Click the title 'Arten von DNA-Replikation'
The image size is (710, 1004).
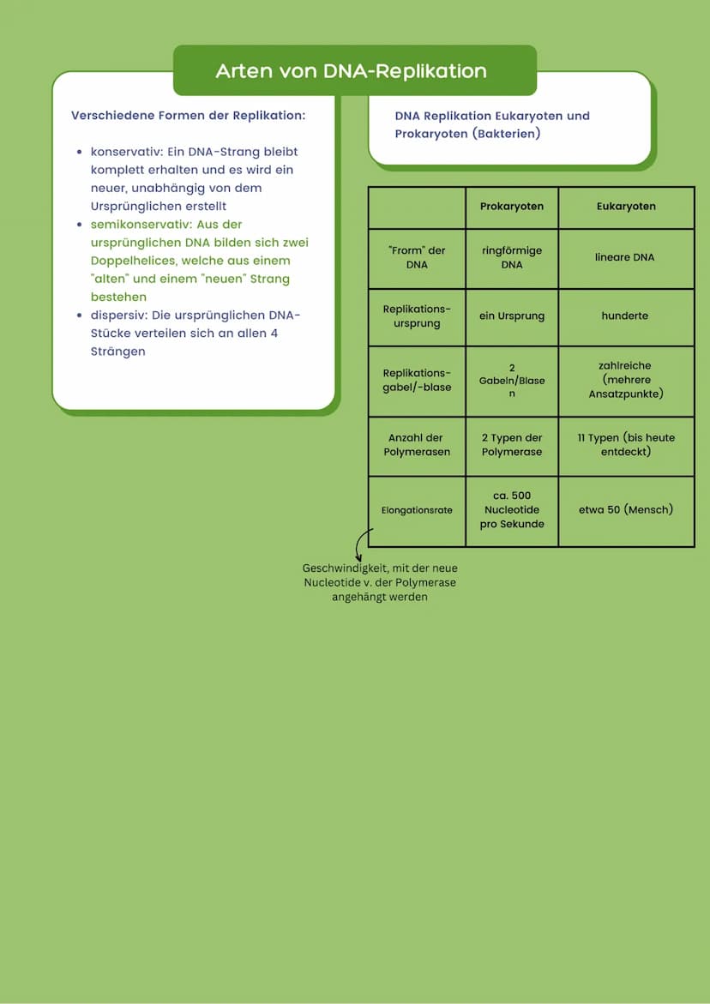click(351, 71)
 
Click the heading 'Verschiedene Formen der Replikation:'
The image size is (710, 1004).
click(188, 115)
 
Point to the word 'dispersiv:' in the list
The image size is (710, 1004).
click(118, 315)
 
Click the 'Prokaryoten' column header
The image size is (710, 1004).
click(512, 207)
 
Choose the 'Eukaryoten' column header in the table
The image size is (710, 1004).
click(626, 207)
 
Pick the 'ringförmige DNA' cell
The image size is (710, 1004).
click(512, 258)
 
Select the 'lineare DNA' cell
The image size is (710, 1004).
click(626, 257)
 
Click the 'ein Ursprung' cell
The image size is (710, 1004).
click(512, 316)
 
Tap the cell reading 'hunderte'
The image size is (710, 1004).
click(626, 316)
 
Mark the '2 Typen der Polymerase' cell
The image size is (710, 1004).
click(512, 445)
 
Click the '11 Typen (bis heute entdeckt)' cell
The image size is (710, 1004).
click(626, 444)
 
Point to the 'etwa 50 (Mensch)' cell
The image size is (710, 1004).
click(626, 509)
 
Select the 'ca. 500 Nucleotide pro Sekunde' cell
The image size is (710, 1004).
click(512, 510)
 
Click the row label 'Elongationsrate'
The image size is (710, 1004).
click(417, 510)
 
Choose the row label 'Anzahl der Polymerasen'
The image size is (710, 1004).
click(417, 445)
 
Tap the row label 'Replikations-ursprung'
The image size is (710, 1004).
click(417, 316)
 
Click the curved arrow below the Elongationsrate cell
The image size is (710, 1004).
click(361, 545)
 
